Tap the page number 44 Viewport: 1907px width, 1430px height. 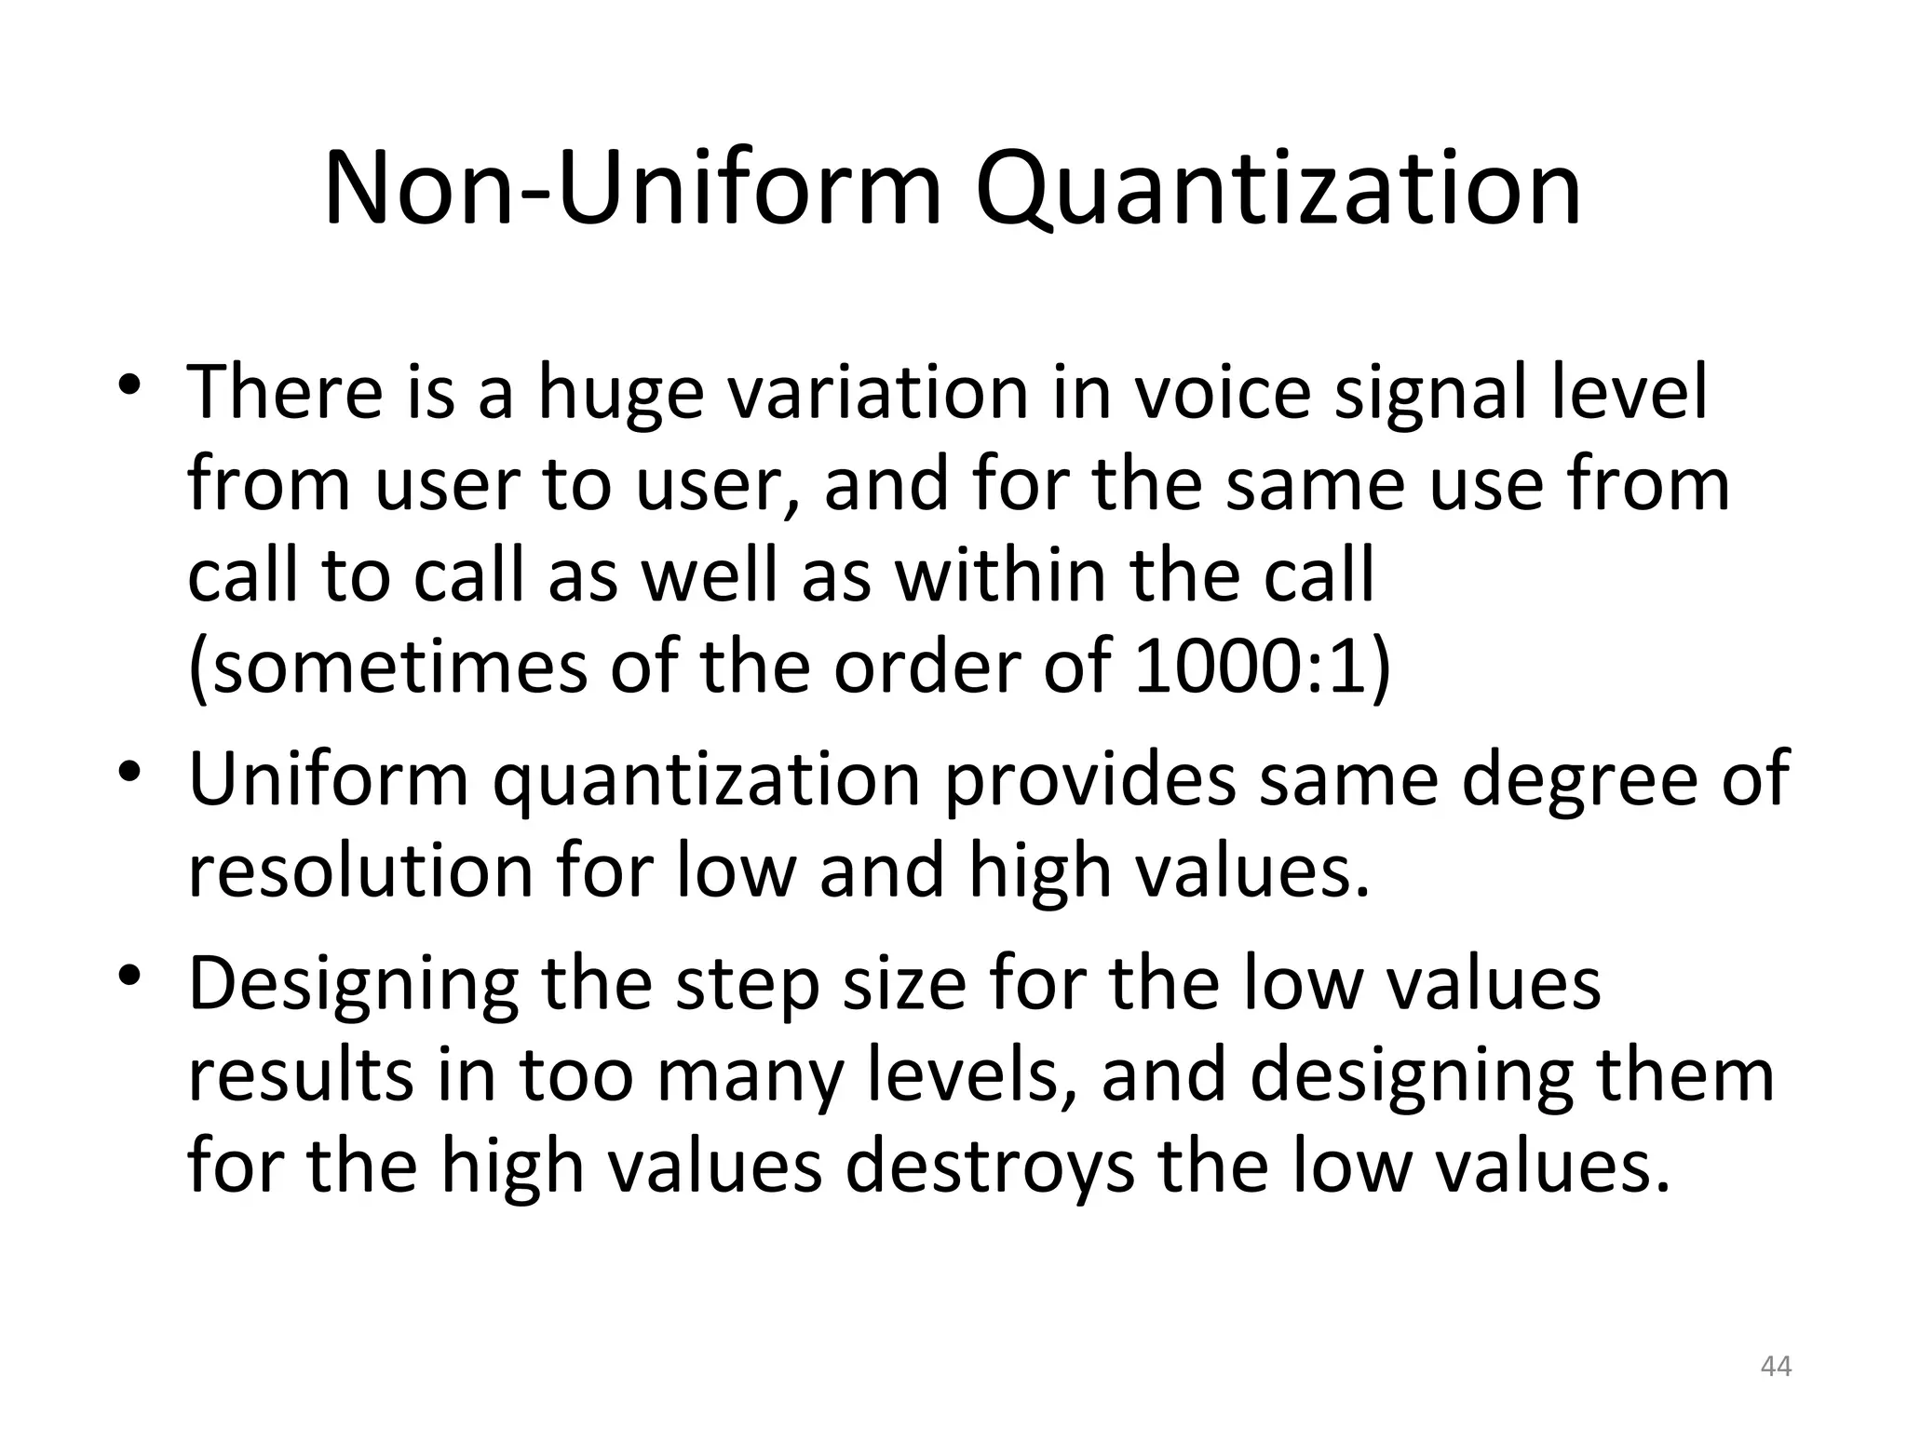(1776, 1366)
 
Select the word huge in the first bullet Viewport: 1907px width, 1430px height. (621, 396)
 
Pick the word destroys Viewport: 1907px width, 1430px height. (990, 1168)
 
